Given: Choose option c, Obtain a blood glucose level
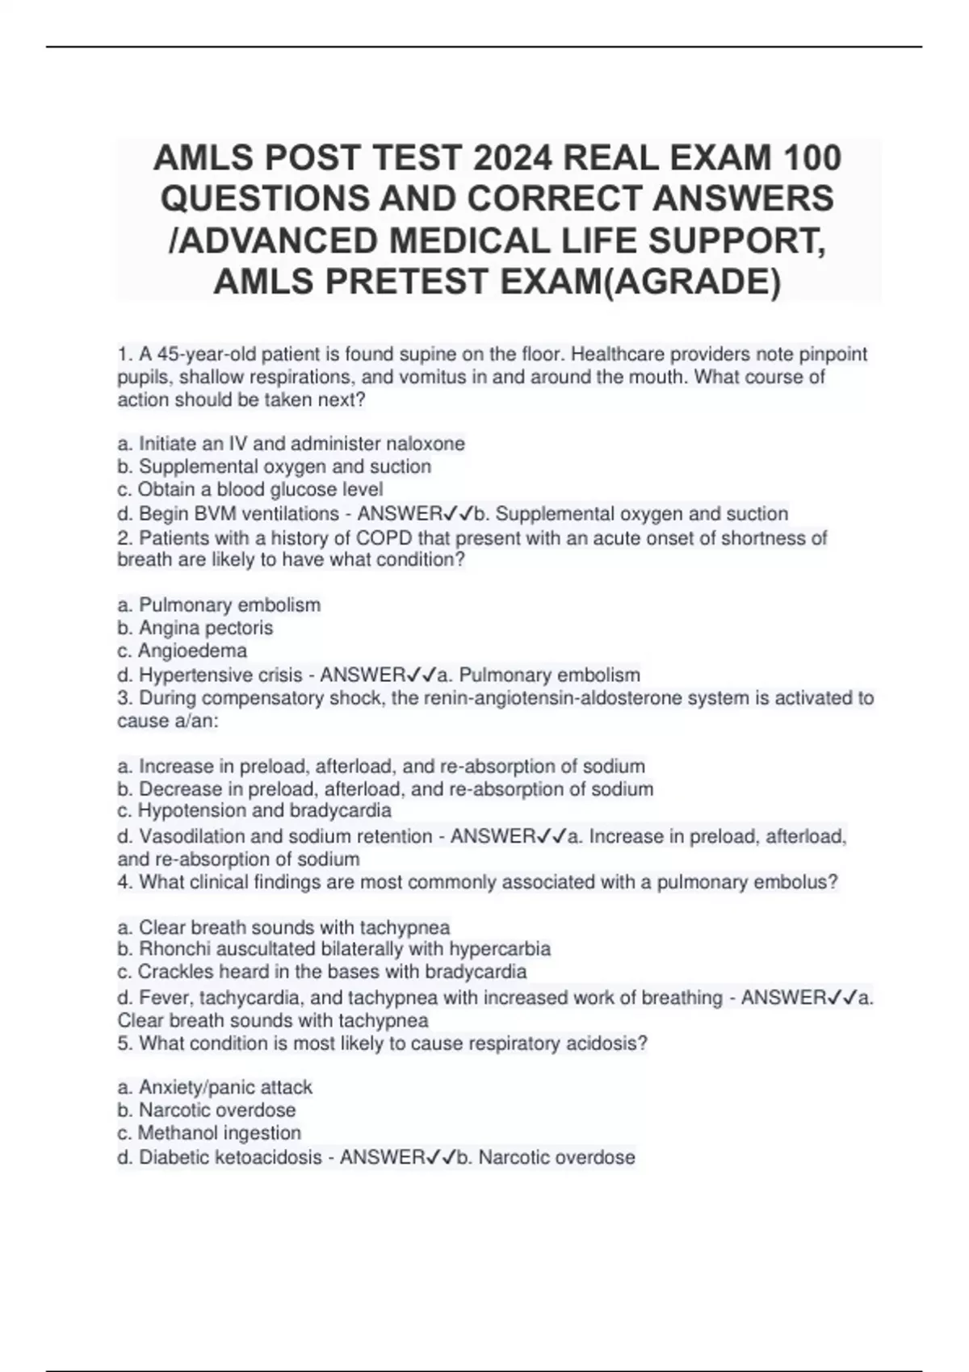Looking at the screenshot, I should (x=250, y=489).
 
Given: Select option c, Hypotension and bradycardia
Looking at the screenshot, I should (x=254, y=810).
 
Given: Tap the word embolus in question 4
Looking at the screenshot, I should (x=795, y=882).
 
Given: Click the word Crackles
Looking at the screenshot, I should (x=170, y=972).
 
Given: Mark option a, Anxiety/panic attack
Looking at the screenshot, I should (x=215, y=1088).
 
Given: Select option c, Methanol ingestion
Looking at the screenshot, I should (x=209, y=1133).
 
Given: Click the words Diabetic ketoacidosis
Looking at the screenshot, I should (x=230, y=1158).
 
